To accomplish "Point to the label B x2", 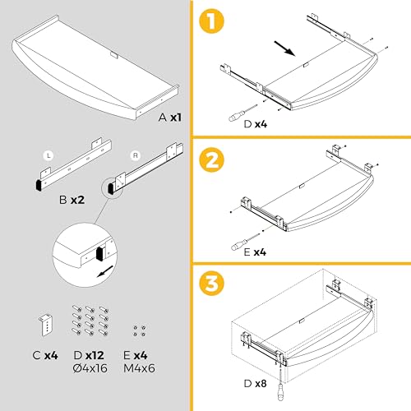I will [73, 199].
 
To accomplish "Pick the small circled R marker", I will [136, 154].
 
